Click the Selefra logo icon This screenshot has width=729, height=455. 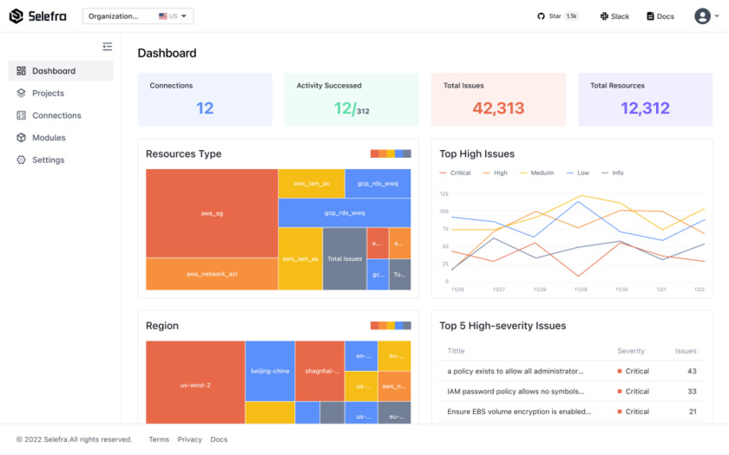[16, 16]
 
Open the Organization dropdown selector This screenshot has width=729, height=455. [138, 16]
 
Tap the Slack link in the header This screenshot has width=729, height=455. [614, 16]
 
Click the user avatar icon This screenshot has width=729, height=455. [702, 16]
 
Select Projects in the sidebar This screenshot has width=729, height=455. [48, 94]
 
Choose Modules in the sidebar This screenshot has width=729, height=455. [49, 138]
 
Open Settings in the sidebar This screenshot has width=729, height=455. [48, 160]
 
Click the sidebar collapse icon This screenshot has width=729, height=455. [107, 47]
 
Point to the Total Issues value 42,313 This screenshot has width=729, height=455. [498, 108]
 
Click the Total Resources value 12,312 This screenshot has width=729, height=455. [645, 108]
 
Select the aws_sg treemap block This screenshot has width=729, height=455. [212, 213]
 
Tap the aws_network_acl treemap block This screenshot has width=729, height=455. [212, 274]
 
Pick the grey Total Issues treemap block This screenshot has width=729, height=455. [345, 258]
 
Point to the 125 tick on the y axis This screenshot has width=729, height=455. [443, 194]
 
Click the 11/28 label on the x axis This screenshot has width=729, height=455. [540, 289]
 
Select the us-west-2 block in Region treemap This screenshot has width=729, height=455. [195, 385]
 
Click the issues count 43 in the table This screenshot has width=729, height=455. [692, 371]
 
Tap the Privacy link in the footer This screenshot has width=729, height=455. [189, 439]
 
